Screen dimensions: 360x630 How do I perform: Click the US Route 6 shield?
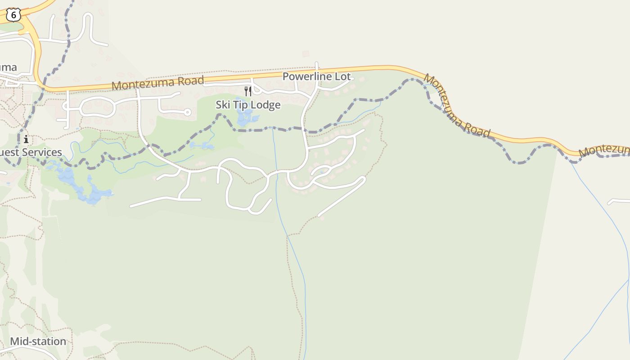[x=13, y=15]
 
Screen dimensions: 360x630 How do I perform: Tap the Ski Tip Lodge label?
[x=248, y=105]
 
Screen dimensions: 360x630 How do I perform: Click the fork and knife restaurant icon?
[x=248, y=91]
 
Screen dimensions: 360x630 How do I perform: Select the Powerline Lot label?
[x=316, y=76]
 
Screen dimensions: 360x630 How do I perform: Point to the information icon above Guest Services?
[x=26, y=139]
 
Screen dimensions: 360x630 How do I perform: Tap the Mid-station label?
[x=38, y=341]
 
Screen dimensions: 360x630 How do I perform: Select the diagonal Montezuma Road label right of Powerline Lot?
[x=457, y=106]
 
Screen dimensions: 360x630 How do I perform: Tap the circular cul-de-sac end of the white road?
[x=188, y=112]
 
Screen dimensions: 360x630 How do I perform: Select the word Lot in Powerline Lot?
[x=342, y=76]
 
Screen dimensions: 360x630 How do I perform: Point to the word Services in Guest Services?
[x=42, y=152]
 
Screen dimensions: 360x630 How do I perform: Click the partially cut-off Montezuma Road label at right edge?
[x=604, y=150]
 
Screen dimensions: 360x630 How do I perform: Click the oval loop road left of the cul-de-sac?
[x=97, y=107]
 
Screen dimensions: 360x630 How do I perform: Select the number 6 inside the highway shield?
[x=13, y=15]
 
